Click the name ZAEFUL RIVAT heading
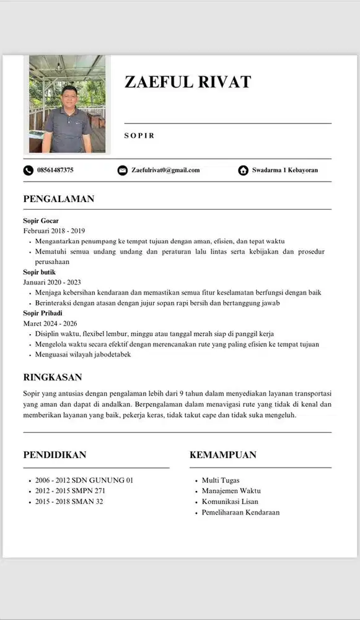click(187, 82)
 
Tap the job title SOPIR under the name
click(139, 135)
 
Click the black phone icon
click(29, 170)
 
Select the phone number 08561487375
click(55, 170)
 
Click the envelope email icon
click(123, 170)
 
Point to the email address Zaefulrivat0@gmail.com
click(165, 170)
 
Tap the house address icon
click(243, 170)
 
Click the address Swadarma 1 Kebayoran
click(284, 170)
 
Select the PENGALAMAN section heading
click(58, 199)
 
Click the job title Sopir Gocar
click(41, 221)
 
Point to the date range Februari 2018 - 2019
click(54, 231)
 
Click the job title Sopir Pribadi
click(43, 313)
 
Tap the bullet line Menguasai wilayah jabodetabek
click(83, 355)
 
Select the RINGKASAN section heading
click(53, 377)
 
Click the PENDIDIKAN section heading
click(55, 455)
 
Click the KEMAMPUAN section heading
click(222, 455)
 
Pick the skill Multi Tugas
click(221, 480)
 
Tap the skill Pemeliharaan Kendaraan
click(240, 513)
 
